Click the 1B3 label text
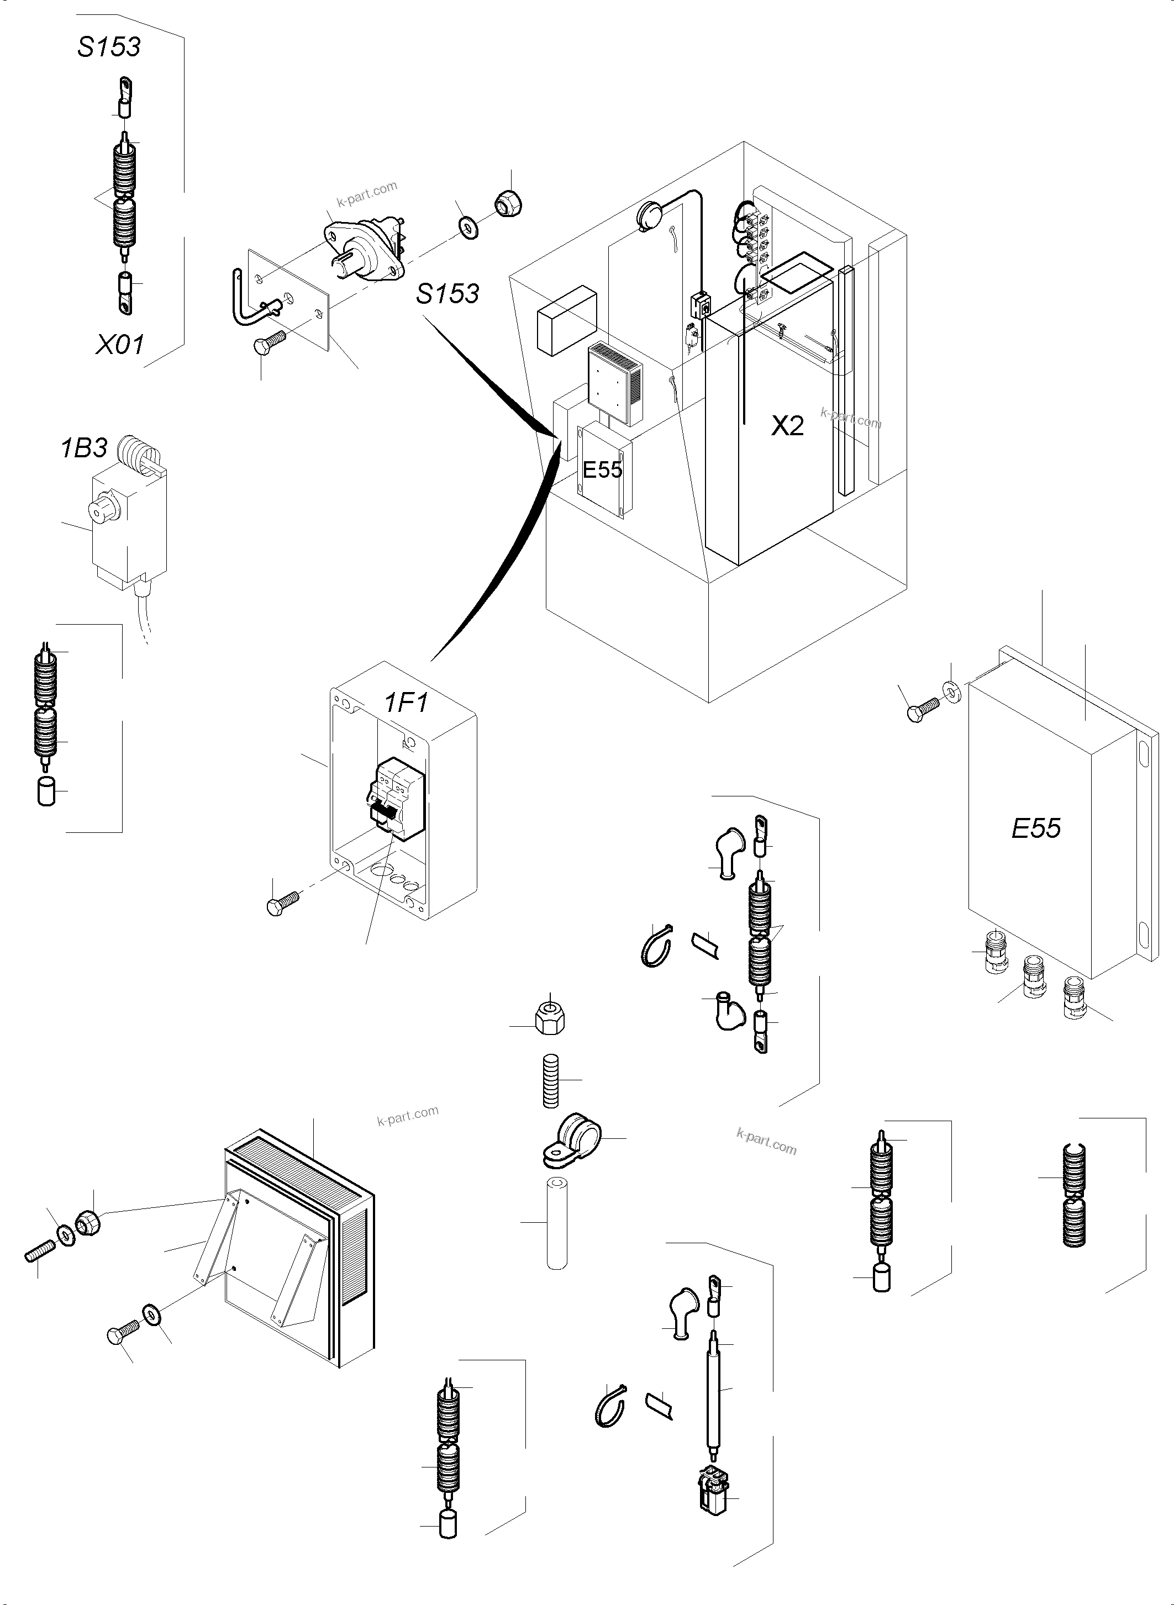coord(84,448)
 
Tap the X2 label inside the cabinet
coord(787,426)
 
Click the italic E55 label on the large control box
coord(1035,828)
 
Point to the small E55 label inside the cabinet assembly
coord(602,469)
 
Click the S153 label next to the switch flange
coord(447,293)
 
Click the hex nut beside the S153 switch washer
coord(508,204)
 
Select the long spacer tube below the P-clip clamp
coord(556,1223)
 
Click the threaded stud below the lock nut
coord(551,1080)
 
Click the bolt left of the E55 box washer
coord(922,709)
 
